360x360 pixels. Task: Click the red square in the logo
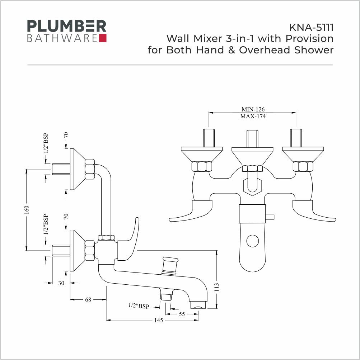103,38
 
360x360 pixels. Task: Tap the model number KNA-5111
311,28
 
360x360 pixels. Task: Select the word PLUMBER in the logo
67,26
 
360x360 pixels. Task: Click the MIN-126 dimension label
253,109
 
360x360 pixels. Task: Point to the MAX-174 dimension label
253,116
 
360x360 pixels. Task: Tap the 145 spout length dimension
158,320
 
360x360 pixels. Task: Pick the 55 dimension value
182,314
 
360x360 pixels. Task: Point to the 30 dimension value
61,283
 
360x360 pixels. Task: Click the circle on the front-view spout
253,241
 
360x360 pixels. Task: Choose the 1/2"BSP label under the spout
139,306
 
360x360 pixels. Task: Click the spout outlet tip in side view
198,305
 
